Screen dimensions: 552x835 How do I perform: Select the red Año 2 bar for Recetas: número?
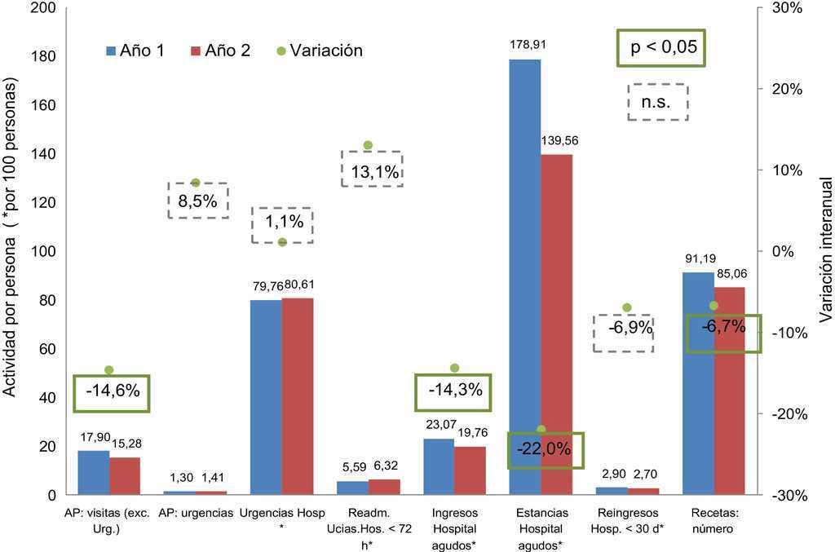729,391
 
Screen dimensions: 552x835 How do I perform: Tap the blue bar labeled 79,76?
265,397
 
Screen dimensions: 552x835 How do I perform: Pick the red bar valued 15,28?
125,476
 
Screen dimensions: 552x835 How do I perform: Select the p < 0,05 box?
660,47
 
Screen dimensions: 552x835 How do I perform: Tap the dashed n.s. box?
658,102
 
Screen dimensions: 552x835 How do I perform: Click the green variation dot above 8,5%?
196,183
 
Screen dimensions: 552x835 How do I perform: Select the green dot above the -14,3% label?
455,368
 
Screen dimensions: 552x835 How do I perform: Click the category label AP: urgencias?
197,512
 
